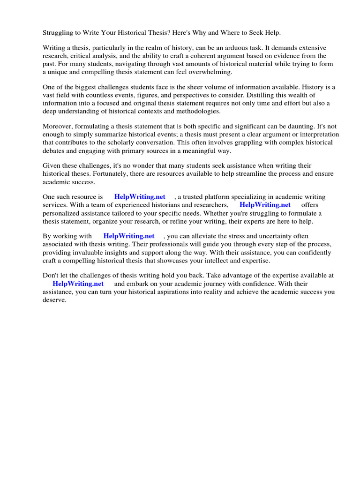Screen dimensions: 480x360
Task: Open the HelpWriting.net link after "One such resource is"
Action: [140, 197]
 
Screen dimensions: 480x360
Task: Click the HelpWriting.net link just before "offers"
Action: [265, 205]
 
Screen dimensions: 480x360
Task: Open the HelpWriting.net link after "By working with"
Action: [129, 236]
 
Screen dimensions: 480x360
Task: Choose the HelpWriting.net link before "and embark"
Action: [78, 284]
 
